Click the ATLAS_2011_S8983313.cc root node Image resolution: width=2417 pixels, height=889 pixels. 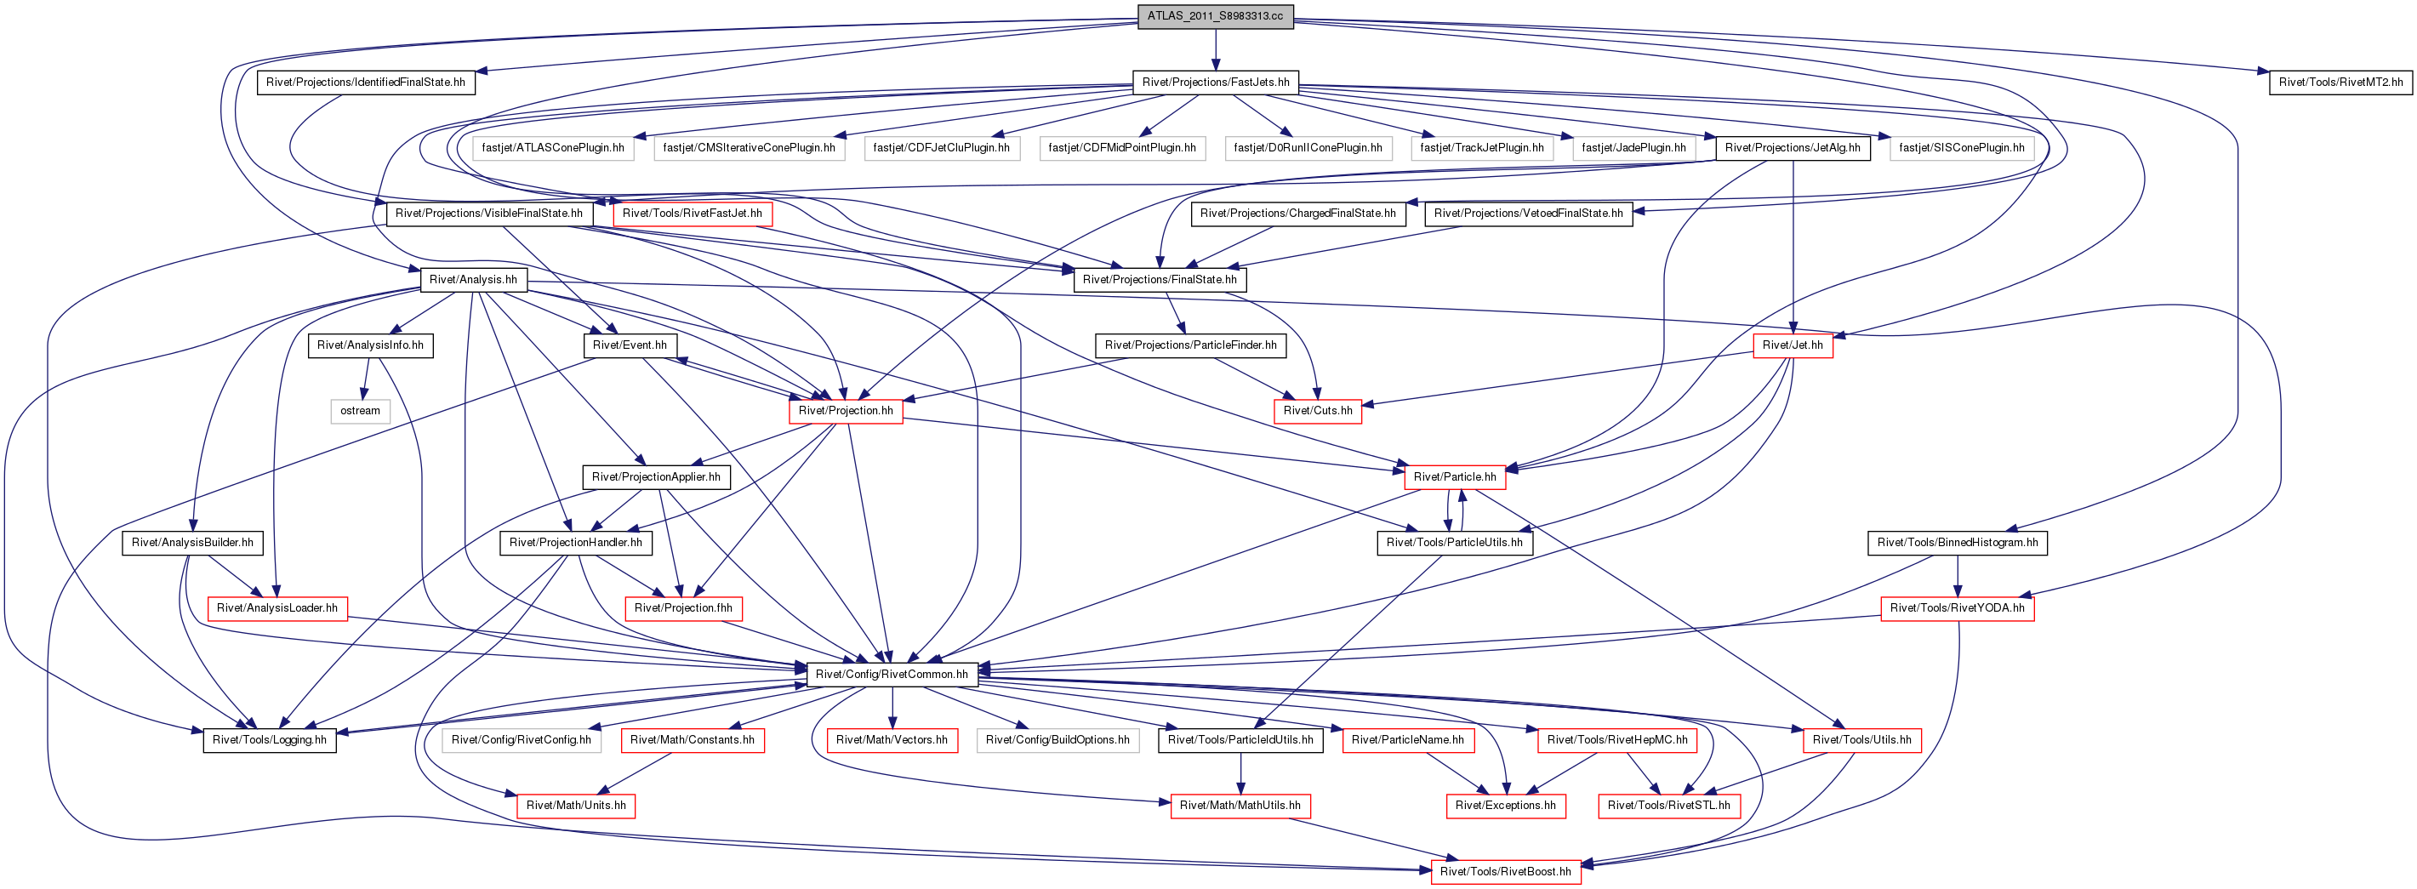(x=1215, y=16)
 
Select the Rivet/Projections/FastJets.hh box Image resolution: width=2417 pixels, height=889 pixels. (x=1215, y=83)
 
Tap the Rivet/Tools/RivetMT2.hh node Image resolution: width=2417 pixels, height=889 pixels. (x=2341, y=83)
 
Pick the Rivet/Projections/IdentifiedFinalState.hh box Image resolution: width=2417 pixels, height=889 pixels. (x=366, y=83)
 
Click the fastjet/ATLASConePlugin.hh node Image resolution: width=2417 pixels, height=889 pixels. (x=553, y=148)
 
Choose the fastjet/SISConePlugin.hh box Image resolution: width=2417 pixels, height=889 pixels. (x=1961, y=148)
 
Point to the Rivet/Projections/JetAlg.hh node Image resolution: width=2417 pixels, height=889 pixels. (x=1792, y=148)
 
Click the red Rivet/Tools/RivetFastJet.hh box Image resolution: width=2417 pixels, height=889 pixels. (x=693, y=214)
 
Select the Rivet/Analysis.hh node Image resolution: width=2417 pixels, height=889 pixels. (x=473, y=279)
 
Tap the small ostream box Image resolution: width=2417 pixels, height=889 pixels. (x=361, y=411)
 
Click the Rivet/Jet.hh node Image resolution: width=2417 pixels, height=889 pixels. (x=1792, y=345)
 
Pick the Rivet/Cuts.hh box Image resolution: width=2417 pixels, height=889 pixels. (x=1317, y=411)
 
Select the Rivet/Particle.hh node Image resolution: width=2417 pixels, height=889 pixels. (x=1454, y=476)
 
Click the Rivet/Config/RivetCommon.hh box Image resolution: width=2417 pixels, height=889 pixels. (x=892, y=675)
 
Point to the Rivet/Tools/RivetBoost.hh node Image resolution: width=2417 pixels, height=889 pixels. (x=1505, y=871)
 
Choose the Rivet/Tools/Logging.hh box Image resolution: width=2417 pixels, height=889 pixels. (x=270, y=740)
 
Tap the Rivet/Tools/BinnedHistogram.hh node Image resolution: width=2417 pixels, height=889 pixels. (x=1958, y=542)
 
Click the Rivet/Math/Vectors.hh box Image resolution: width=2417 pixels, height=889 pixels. (x=892, y=740)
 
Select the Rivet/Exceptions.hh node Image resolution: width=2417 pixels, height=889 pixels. (x=1505, y=806)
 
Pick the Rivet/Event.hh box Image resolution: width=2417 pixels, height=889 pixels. (x=630, y=345)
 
